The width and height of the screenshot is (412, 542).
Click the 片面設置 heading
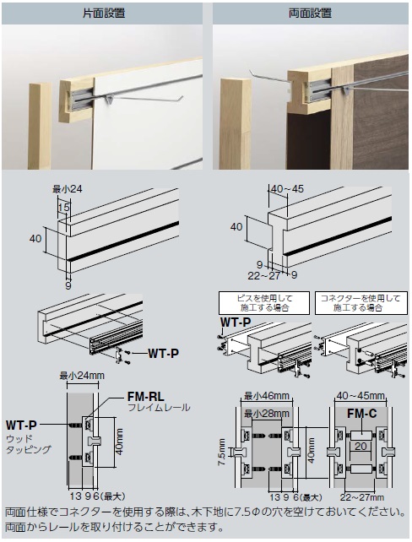coord(103,13)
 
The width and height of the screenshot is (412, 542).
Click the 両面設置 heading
coord(310,13)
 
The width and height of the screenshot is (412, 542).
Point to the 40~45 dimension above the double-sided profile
coord(286,189)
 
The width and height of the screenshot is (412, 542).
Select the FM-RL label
coord(146,397)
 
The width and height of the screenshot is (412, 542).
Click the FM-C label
coord(361,414)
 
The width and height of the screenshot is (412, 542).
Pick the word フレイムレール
coord(159,408)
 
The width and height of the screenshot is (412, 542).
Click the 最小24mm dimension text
coord(82,376)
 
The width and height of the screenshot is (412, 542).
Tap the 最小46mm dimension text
coord(267,396)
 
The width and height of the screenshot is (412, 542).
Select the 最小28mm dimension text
coord(267,414)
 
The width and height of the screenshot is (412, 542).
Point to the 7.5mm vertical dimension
coord(222,453)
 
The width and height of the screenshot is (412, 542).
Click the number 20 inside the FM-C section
coord(360,446)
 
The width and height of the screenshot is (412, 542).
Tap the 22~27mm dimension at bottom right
coord(362,497)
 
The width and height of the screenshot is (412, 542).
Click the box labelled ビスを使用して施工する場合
coord(264,303)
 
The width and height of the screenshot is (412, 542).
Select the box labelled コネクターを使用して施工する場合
coord(360,303)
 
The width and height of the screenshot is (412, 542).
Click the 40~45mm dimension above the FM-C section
coord(360,396)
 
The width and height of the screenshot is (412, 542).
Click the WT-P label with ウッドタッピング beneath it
coord(21,425)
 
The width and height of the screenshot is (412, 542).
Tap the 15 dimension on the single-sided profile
coord(64,207)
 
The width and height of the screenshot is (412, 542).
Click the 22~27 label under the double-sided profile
coord(263,276)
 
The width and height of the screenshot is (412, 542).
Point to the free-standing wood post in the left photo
coord(40,126)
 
